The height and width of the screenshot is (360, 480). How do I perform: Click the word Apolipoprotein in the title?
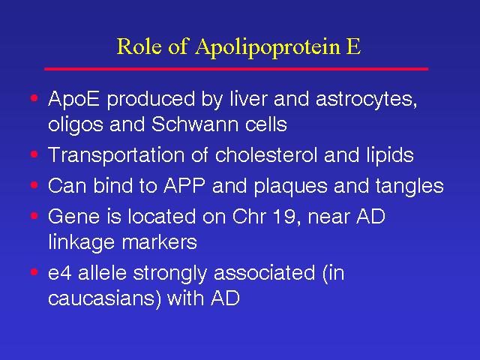coord(268,47)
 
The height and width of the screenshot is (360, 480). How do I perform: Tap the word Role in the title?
coord(139,46)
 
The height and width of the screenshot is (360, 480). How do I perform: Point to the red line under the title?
coord(236,69)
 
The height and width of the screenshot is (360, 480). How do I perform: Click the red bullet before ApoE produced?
coord(34,98)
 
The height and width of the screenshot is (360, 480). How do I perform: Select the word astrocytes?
coord(366,100)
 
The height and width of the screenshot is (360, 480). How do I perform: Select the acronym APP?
coord(184,185)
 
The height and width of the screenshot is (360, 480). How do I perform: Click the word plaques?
coord(290,186)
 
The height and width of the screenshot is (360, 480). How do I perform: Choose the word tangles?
coord(409,186)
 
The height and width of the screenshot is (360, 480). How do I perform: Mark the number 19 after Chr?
coord(282,217)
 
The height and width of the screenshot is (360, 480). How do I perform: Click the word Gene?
coord(73,216)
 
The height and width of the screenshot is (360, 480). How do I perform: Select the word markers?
coord(159,241)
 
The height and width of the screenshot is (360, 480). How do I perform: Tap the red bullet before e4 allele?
coord(34,271)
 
